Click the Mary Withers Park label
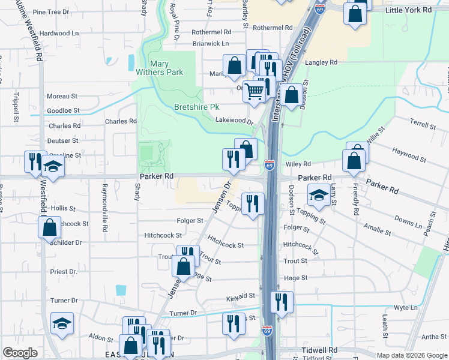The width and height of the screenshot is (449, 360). coord(167,68)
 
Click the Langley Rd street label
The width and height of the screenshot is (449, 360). coord(321,62)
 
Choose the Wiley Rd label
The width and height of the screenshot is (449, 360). coord(298,164)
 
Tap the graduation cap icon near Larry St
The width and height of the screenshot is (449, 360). coord(319,195)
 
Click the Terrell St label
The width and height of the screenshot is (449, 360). coord(423,125)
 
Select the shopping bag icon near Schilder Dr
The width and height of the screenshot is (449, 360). coord(49,227)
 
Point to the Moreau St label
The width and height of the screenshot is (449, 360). coord(62,96)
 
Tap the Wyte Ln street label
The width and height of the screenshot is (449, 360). coord(406,307)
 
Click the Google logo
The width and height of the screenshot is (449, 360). coord(20,353)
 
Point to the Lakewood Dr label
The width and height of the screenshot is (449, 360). coord(234,121)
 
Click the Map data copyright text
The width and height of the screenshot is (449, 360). coord(411,355)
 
